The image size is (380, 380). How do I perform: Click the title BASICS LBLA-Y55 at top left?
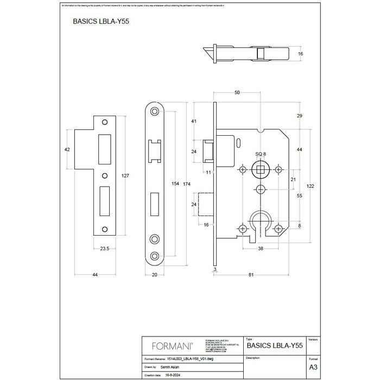(x=100, y=23)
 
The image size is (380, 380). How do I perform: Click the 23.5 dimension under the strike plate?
(x=106, y=250)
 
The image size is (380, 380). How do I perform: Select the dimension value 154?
(x=175, y=183)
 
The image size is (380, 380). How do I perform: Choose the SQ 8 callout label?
(x=261, y=155)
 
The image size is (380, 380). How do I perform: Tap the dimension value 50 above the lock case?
(x=237, y=93)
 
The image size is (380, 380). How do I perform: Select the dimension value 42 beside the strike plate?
(x=67, y=149)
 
